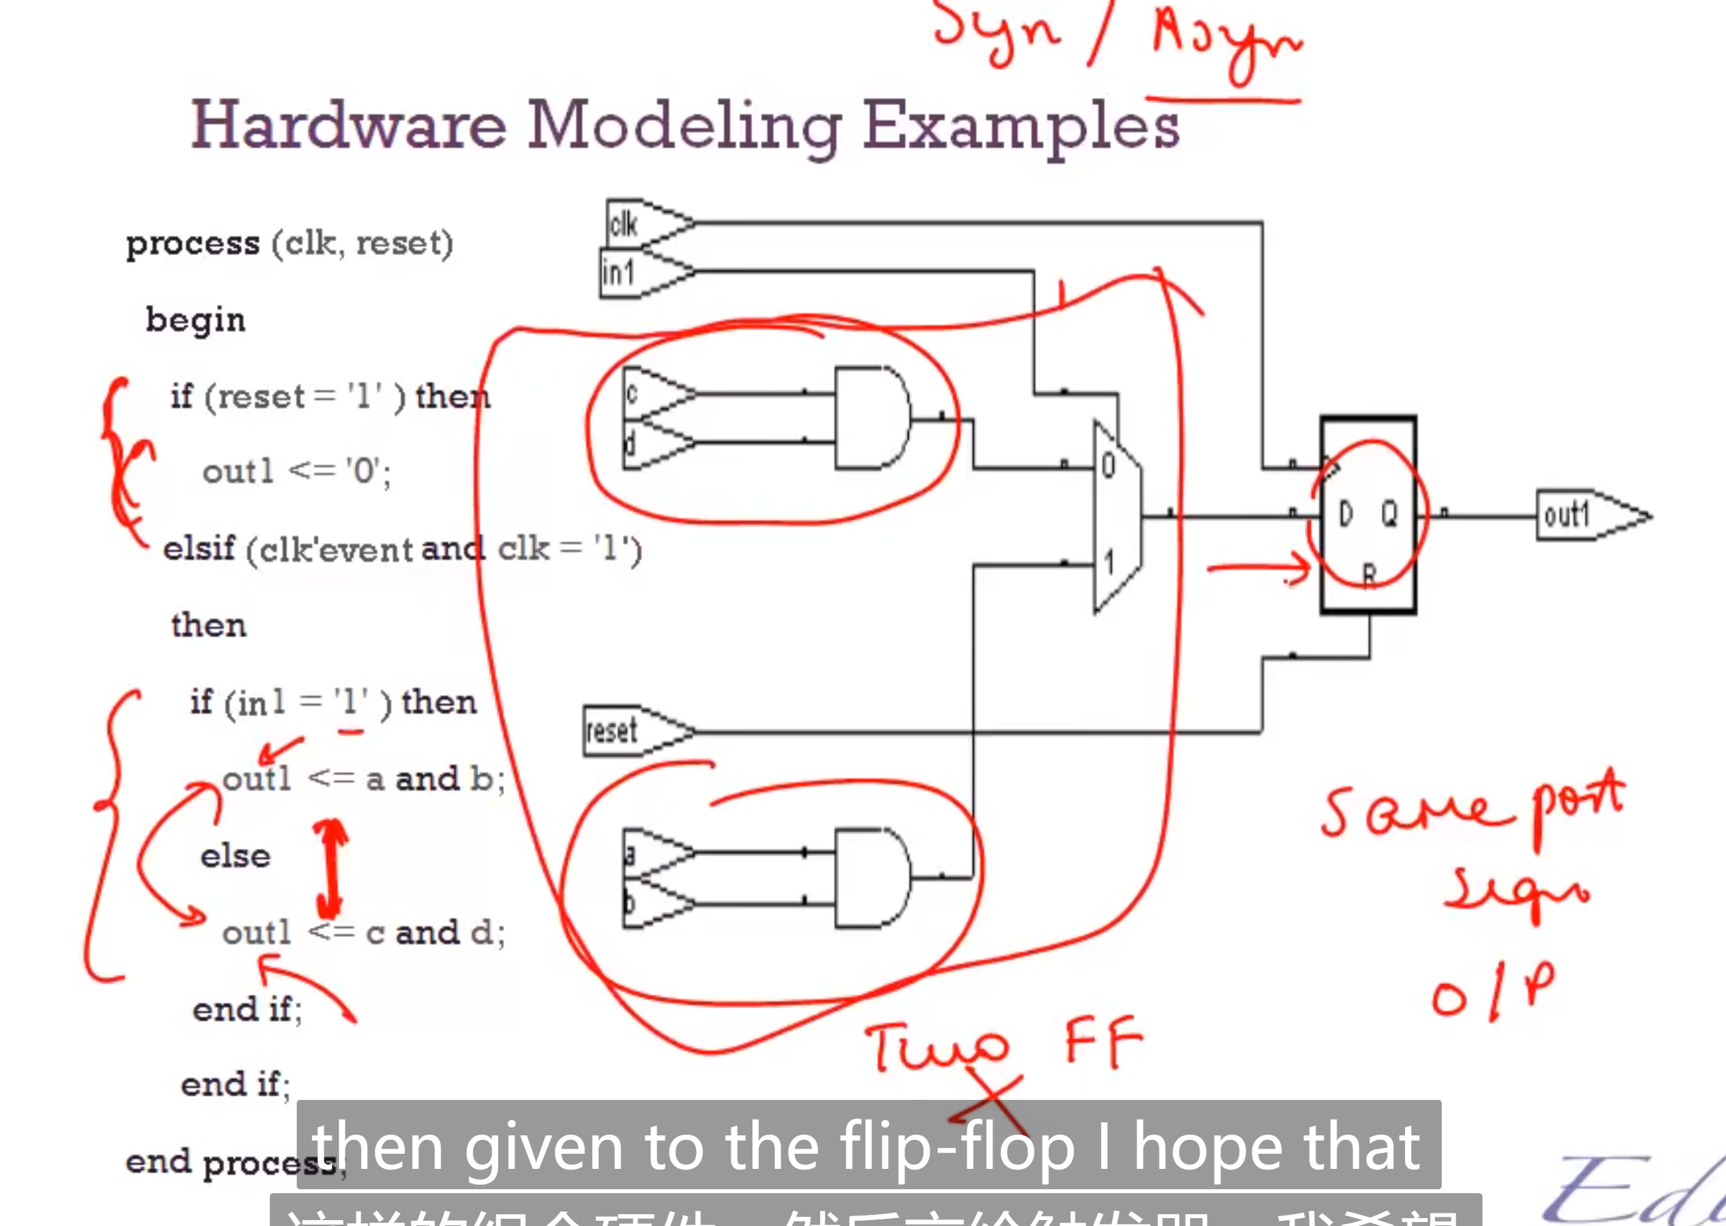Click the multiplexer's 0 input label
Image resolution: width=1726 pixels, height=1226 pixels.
point(1108,466)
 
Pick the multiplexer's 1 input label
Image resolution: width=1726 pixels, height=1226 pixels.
point(1109,562)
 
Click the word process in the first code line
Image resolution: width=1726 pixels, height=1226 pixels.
point(192,244)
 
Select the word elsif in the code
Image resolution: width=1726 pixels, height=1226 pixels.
point(199,549)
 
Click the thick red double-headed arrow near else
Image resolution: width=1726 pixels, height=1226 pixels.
point(330,868)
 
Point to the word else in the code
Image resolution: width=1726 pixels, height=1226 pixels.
point(236,856)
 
